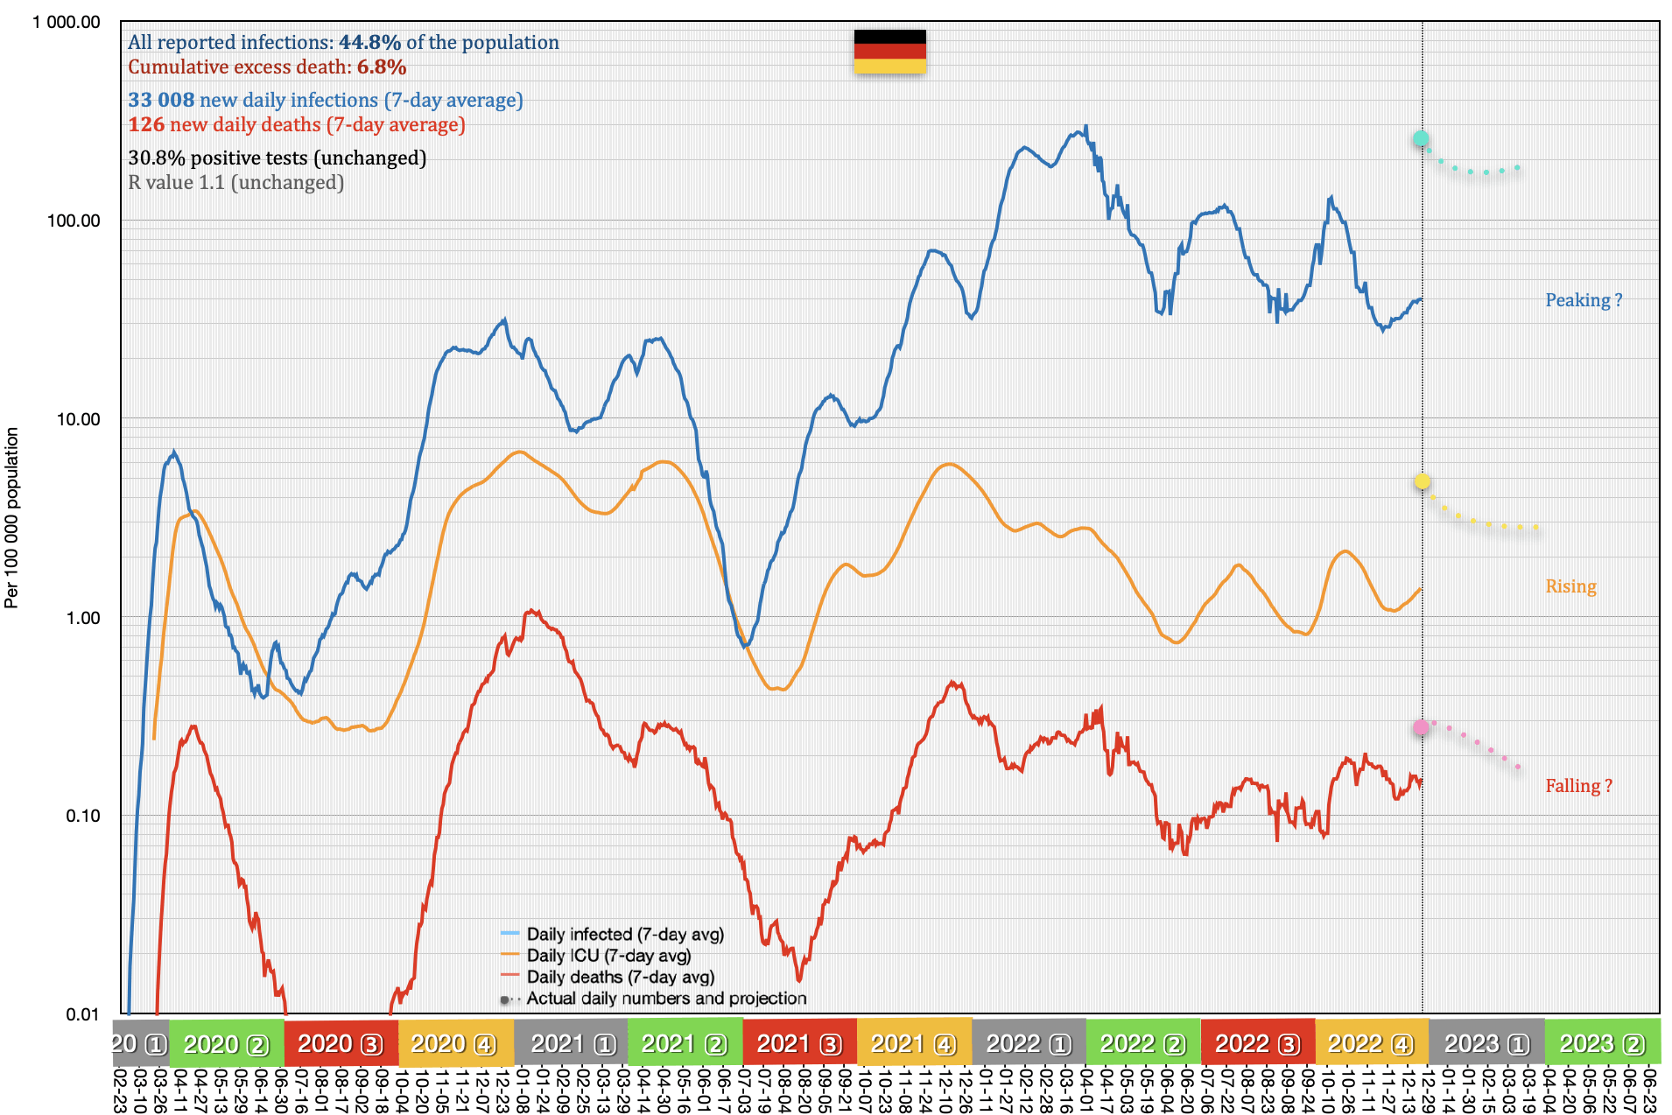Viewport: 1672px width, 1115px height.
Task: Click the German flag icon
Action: click(889, 52)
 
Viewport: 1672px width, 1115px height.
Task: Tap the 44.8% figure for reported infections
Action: click(369, 42)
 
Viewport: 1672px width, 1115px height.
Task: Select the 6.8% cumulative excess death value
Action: click(382, 67)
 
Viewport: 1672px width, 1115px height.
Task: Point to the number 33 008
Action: click(161, 101)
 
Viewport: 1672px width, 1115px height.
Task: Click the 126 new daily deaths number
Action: click(146, 125)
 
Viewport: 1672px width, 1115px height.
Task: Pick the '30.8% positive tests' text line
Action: click(277, 158)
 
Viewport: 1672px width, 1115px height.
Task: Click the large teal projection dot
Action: click(1421, 138)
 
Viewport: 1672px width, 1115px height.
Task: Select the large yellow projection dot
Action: click(1423, 481)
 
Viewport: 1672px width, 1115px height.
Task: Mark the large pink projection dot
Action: click(1421, 727)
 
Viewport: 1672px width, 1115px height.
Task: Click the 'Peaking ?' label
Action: click(1583, 300)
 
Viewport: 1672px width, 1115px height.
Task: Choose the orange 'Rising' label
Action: click(1570, 586)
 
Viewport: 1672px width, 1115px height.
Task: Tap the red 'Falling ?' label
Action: click(1577, 786)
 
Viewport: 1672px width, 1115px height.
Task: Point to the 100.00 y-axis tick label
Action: click(74, 221)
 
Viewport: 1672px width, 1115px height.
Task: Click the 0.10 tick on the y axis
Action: click(82, 816)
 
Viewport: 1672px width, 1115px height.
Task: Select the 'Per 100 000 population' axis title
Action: click(11, 517)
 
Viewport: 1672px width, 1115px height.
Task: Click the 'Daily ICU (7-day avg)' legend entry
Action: click(608, 956)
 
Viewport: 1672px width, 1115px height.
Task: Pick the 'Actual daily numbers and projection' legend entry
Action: click(665, 999)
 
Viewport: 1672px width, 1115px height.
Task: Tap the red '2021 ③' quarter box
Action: click(799, 1044)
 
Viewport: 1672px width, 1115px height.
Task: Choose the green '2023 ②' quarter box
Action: click(1602, 1044)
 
